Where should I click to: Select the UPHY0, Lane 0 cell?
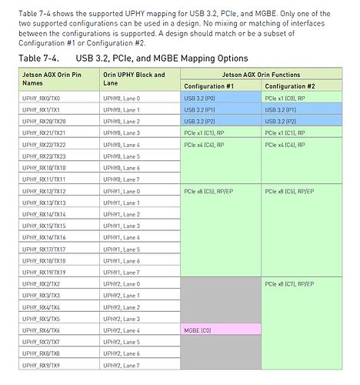[122, 99]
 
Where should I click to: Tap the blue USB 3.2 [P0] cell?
[199, 99]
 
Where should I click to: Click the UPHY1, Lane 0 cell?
[122, 191]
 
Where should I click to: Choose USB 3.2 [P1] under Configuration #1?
[199, 110]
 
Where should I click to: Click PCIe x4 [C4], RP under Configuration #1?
[205, 145]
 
